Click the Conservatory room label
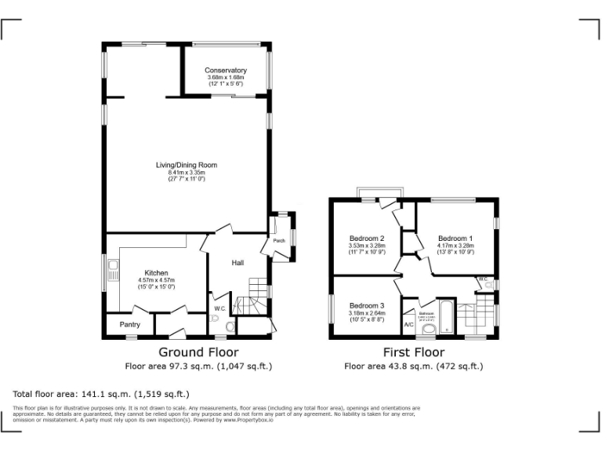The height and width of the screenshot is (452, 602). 226,71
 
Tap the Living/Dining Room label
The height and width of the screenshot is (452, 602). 186,165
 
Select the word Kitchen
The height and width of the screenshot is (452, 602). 156,272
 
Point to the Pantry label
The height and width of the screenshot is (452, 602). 129,324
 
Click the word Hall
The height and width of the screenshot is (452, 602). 238,263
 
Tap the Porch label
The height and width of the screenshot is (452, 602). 278,241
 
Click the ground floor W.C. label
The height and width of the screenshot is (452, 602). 219,308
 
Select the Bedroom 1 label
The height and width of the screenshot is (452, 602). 455,238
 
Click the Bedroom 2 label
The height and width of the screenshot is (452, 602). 366,238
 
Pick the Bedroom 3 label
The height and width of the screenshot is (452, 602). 367,305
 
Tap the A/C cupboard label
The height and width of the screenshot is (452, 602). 408,324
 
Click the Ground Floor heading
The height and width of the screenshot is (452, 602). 198,352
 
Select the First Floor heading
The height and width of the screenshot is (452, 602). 413,352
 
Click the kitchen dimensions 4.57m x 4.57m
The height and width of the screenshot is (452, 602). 156,280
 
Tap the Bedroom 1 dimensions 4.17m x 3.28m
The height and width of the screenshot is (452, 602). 455,246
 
